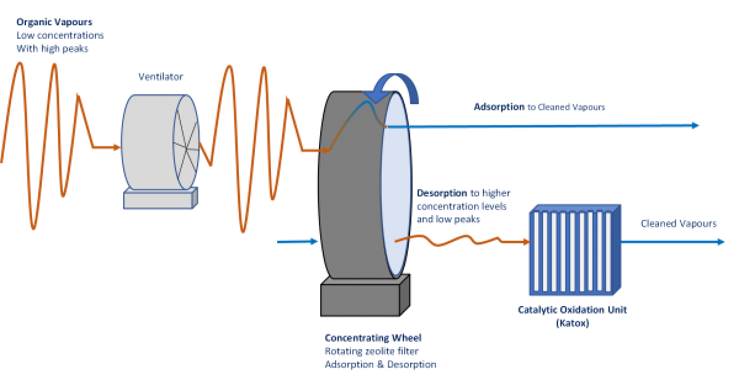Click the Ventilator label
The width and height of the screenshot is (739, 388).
click(x=160, y=77)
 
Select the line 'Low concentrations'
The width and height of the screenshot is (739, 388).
click(x=60, y=35)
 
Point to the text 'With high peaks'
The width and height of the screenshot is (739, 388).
click(x=52, y=48)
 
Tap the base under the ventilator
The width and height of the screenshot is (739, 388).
click(x=161, y=198)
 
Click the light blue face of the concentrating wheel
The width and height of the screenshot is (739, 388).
click(x=394, y=185)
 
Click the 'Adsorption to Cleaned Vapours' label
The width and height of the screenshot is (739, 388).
click(x=539, y=107)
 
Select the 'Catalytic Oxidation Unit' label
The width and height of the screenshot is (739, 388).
click(x=571, y=310)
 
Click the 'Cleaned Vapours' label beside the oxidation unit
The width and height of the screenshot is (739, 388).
click(x=679, y=223)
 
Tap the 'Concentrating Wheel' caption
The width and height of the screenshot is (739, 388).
click(x=373, y=338)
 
